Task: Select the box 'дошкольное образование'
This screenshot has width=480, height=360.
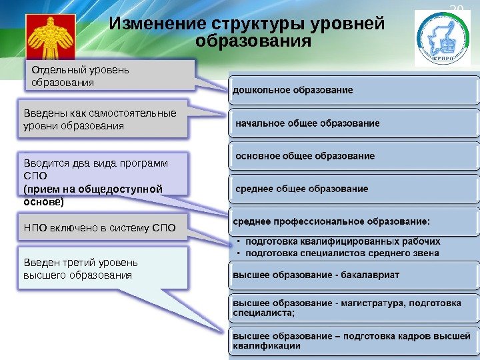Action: click(x=353, y=89)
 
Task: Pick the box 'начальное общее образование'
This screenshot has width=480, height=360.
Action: click(x=353, y=123)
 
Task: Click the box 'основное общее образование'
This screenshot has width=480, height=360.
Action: click(x=353, y=156)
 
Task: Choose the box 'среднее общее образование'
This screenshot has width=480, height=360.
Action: click(x=353, y=189)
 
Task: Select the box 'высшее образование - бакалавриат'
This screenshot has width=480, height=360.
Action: click(x=353, y=275)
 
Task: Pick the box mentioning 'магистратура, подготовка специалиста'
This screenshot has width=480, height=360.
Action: click(x=353, y=307)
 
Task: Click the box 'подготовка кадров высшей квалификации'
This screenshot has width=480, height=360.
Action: click(x=353, y=341)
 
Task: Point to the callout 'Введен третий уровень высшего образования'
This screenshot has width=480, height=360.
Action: click(x=100, y=269)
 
